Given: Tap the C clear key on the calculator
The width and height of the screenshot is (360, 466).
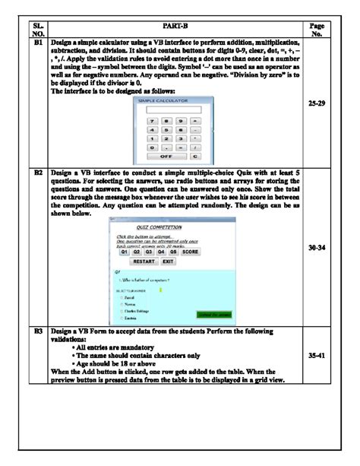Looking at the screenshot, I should tap(194, 156).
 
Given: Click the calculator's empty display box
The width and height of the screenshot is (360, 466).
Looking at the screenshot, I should tap(168, 109).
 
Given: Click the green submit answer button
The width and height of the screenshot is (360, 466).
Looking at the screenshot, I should tap(215, 314).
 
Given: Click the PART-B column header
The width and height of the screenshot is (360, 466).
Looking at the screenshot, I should tap(172, 27).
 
